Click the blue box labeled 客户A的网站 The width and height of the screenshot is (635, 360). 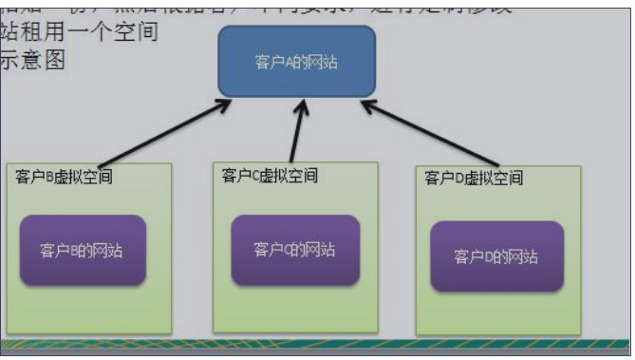[x=296, y=62]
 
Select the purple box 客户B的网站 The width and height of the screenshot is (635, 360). [x=83, y=251]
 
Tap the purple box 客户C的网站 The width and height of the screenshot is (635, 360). [x=294, y=250]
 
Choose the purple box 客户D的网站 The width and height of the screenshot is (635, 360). [x=496, y=256]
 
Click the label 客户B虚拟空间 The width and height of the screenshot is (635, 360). [x=65, y=178]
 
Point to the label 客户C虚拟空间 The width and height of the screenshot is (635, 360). [x=270, y=176]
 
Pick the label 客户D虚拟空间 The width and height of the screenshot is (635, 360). [x=474, y=178]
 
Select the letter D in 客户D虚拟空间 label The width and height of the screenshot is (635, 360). [x=458, y=178]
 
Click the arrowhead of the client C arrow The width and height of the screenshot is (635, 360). [x=303, y=106]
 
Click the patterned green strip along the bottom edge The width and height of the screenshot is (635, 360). [x=313, y=345]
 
